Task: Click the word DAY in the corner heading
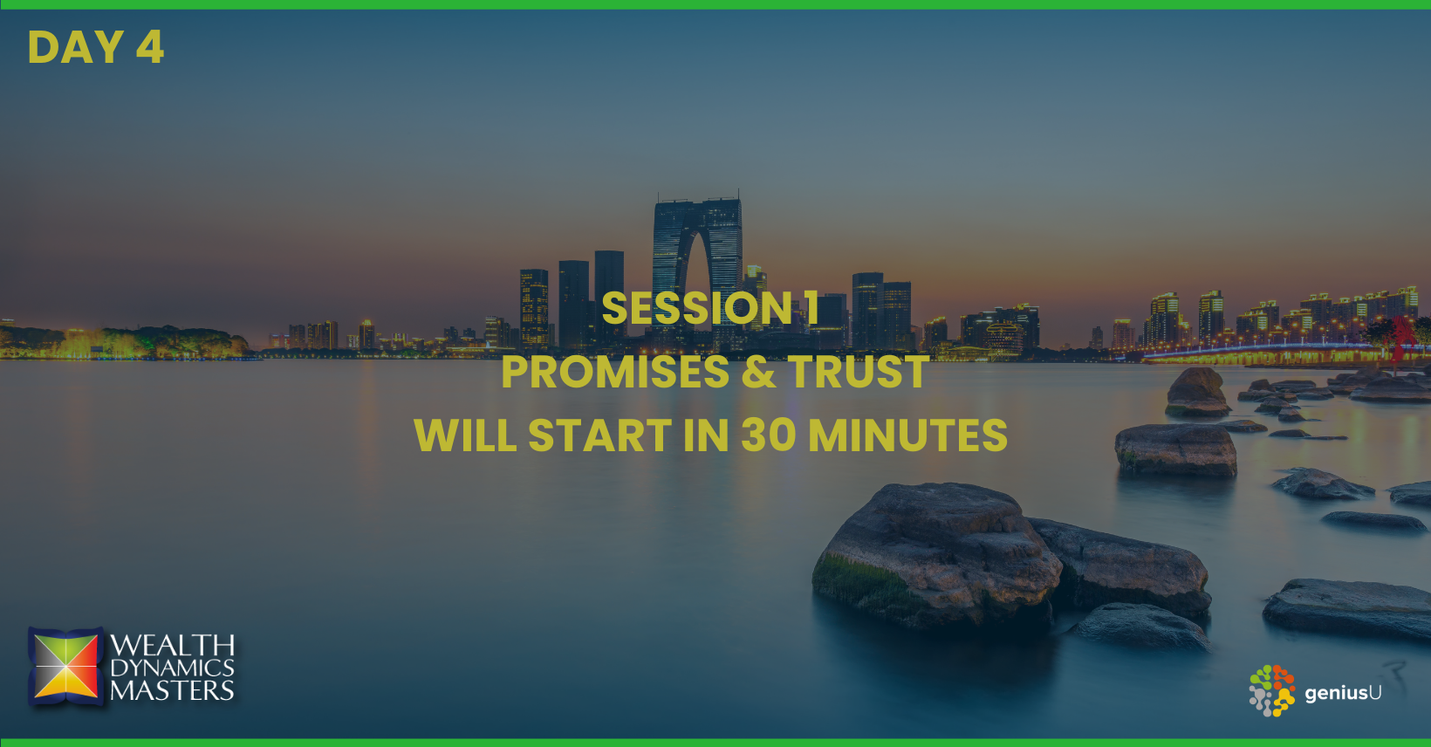76,47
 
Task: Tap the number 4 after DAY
150,47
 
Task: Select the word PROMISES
615,372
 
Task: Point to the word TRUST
858,372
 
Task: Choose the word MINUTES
907,435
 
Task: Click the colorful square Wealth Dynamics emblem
65,666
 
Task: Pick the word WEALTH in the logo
172,646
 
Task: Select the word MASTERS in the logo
172,691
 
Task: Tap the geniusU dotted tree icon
1271,691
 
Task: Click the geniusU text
1343,693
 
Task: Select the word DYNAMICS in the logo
172,668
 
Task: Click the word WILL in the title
465,435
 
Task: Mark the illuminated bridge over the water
1271,352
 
